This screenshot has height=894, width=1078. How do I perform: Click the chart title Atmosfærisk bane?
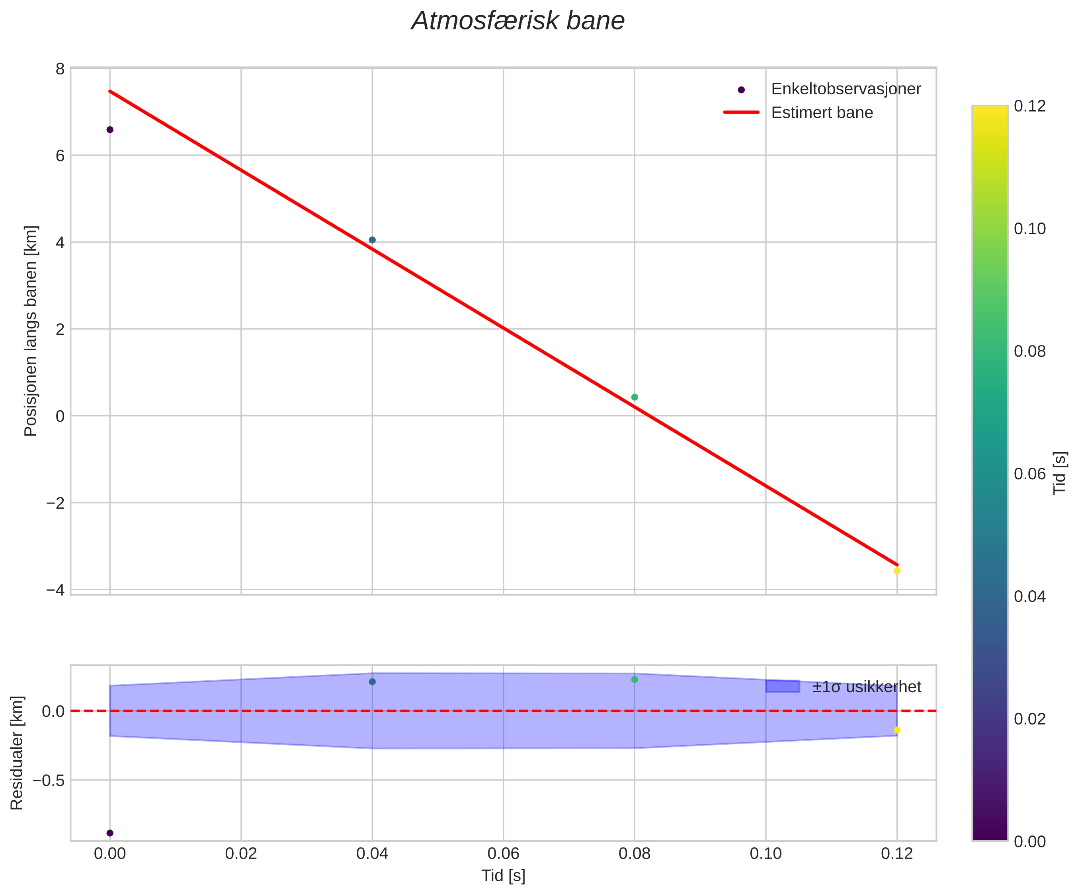[518, 21]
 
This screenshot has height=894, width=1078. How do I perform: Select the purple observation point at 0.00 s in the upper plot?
[110, 129]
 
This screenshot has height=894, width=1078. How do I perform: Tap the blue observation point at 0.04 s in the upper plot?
[372, 240]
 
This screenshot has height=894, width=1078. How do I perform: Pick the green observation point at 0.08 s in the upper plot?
[635, 397]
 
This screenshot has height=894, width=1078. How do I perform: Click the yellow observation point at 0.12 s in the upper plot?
[897, 571]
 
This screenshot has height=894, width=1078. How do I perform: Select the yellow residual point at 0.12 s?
[897, 730]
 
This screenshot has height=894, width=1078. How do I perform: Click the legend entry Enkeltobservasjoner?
[846, 89]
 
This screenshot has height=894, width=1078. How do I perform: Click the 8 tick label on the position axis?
[60, 69]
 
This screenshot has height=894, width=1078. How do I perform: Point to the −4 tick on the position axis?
[55, 590]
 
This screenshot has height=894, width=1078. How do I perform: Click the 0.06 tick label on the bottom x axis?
[503, 854]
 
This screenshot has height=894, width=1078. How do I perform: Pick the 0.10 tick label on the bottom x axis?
[766, 854]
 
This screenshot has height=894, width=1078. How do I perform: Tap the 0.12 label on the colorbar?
[1030, 106]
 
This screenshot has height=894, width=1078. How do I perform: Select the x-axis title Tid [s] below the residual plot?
[503, 876]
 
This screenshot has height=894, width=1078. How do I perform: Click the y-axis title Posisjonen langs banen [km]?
[31, 331]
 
